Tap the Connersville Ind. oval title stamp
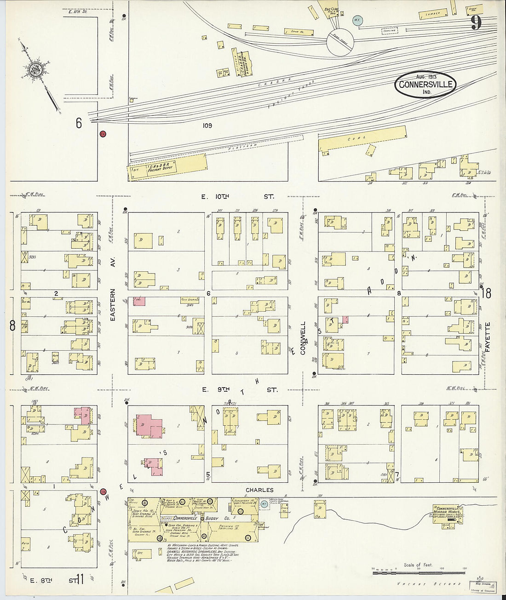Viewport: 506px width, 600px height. click(425, 84)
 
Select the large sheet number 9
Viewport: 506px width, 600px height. click(477, 22)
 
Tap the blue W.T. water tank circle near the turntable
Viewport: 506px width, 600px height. click(357, 20)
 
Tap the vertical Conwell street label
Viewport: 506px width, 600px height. click(303, 338)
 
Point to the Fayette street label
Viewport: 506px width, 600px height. click(488, 337)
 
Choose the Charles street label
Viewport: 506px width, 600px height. click(259, 490)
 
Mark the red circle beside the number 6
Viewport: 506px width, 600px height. click(103, 134)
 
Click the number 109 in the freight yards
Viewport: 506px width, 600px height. click(207, 126)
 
